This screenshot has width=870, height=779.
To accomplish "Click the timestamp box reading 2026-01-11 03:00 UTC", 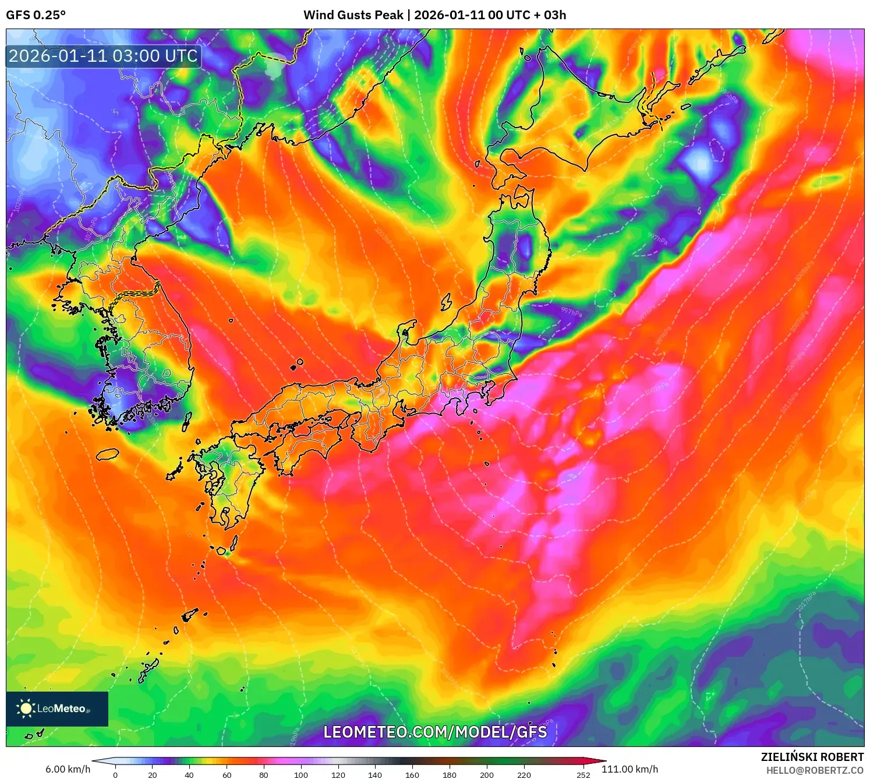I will (104, 57).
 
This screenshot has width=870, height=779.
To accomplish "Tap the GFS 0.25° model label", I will (36, 15).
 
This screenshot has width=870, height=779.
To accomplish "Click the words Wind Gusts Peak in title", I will (353, 15).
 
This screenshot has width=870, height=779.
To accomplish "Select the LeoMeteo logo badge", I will (57, 708).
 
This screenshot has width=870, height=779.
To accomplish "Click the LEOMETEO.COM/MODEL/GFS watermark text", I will (435, 732).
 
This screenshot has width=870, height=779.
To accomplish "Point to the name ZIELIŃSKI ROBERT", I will (812, 757).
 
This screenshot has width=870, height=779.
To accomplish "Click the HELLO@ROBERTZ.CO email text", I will (814, 770).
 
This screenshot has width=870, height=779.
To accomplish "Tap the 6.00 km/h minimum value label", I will (68, 769).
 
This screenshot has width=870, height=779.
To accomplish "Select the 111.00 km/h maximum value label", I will (629, 769).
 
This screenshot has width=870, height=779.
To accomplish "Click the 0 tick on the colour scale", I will (115, 775).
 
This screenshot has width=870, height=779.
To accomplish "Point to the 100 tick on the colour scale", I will (301, 775).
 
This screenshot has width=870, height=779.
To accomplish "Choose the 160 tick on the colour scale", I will (412, 775).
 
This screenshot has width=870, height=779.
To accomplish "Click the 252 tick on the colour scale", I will (583, 775).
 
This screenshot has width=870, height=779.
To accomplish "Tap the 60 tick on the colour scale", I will (227, 775).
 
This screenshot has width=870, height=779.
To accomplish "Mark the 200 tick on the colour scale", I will (487, 775).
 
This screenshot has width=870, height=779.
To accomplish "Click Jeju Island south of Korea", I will (107, 454).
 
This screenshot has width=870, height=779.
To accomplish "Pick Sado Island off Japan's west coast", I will (447, 302).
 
